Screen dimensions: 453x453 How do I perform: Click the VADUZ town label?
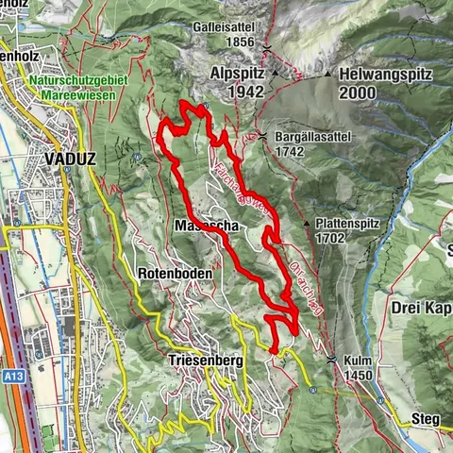pyautogui.click(x=70, y=159)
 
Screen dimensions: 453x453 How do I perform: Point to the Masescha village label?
pyautogui.click(x=204, y=226)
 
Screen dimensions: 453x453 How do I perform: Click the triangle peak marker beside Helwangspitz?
pyautogui.click(x=328, y=74)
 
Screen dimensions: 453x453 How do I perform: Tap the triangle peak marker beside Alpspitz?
pyautogui.click(x=276, y=73)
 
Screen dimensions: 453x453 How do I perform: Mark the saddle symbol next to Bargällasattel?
pyautogui.click(x=261, y=138)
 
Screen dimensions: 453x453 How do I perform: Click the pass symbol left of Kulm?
pyautogui.click(x=331, y=361)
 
